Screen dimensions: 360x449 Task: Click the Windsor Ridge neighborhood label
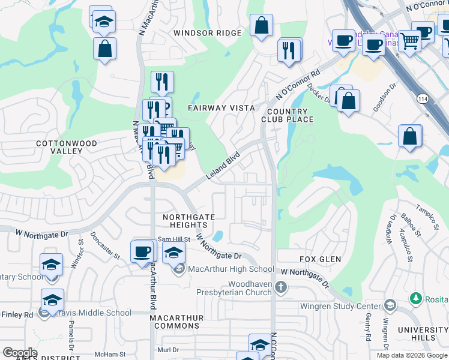point(207,33)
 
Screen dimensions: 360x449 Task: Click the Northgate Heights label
point(188,220)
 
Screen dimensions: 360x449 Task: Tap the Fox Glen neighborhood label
point(321,259)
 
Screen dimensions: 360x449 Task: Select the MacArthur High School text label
point(231,269)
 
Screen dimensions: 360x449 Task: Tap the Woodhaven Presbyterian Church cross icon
point(280,288)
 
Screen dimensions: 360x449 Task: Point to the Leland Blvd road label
point(223,165)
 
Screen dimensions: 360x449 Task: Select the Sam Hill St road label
point(173,239)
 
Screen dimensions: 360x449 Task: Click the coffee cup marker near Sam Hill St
point(142,251)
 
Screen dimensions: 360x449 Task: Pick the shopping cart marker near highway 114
point(410,41)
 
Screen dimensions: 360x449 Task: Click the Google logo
point(20,353)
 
